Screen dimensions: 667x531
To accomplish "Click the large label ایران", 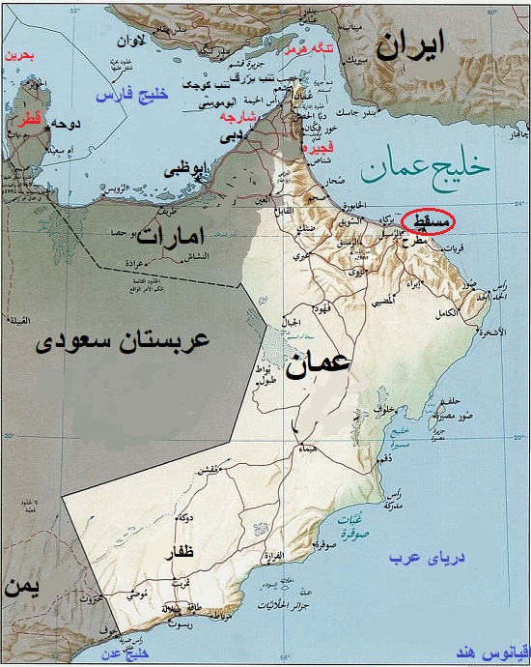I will (412, 45).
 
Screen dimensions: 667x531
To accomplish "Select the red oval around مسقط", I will (427, 220).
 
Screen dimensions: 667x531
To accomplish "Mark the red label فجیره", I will (317, 150).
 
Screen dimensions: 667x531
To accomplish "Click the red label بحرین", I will (19, 56).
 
